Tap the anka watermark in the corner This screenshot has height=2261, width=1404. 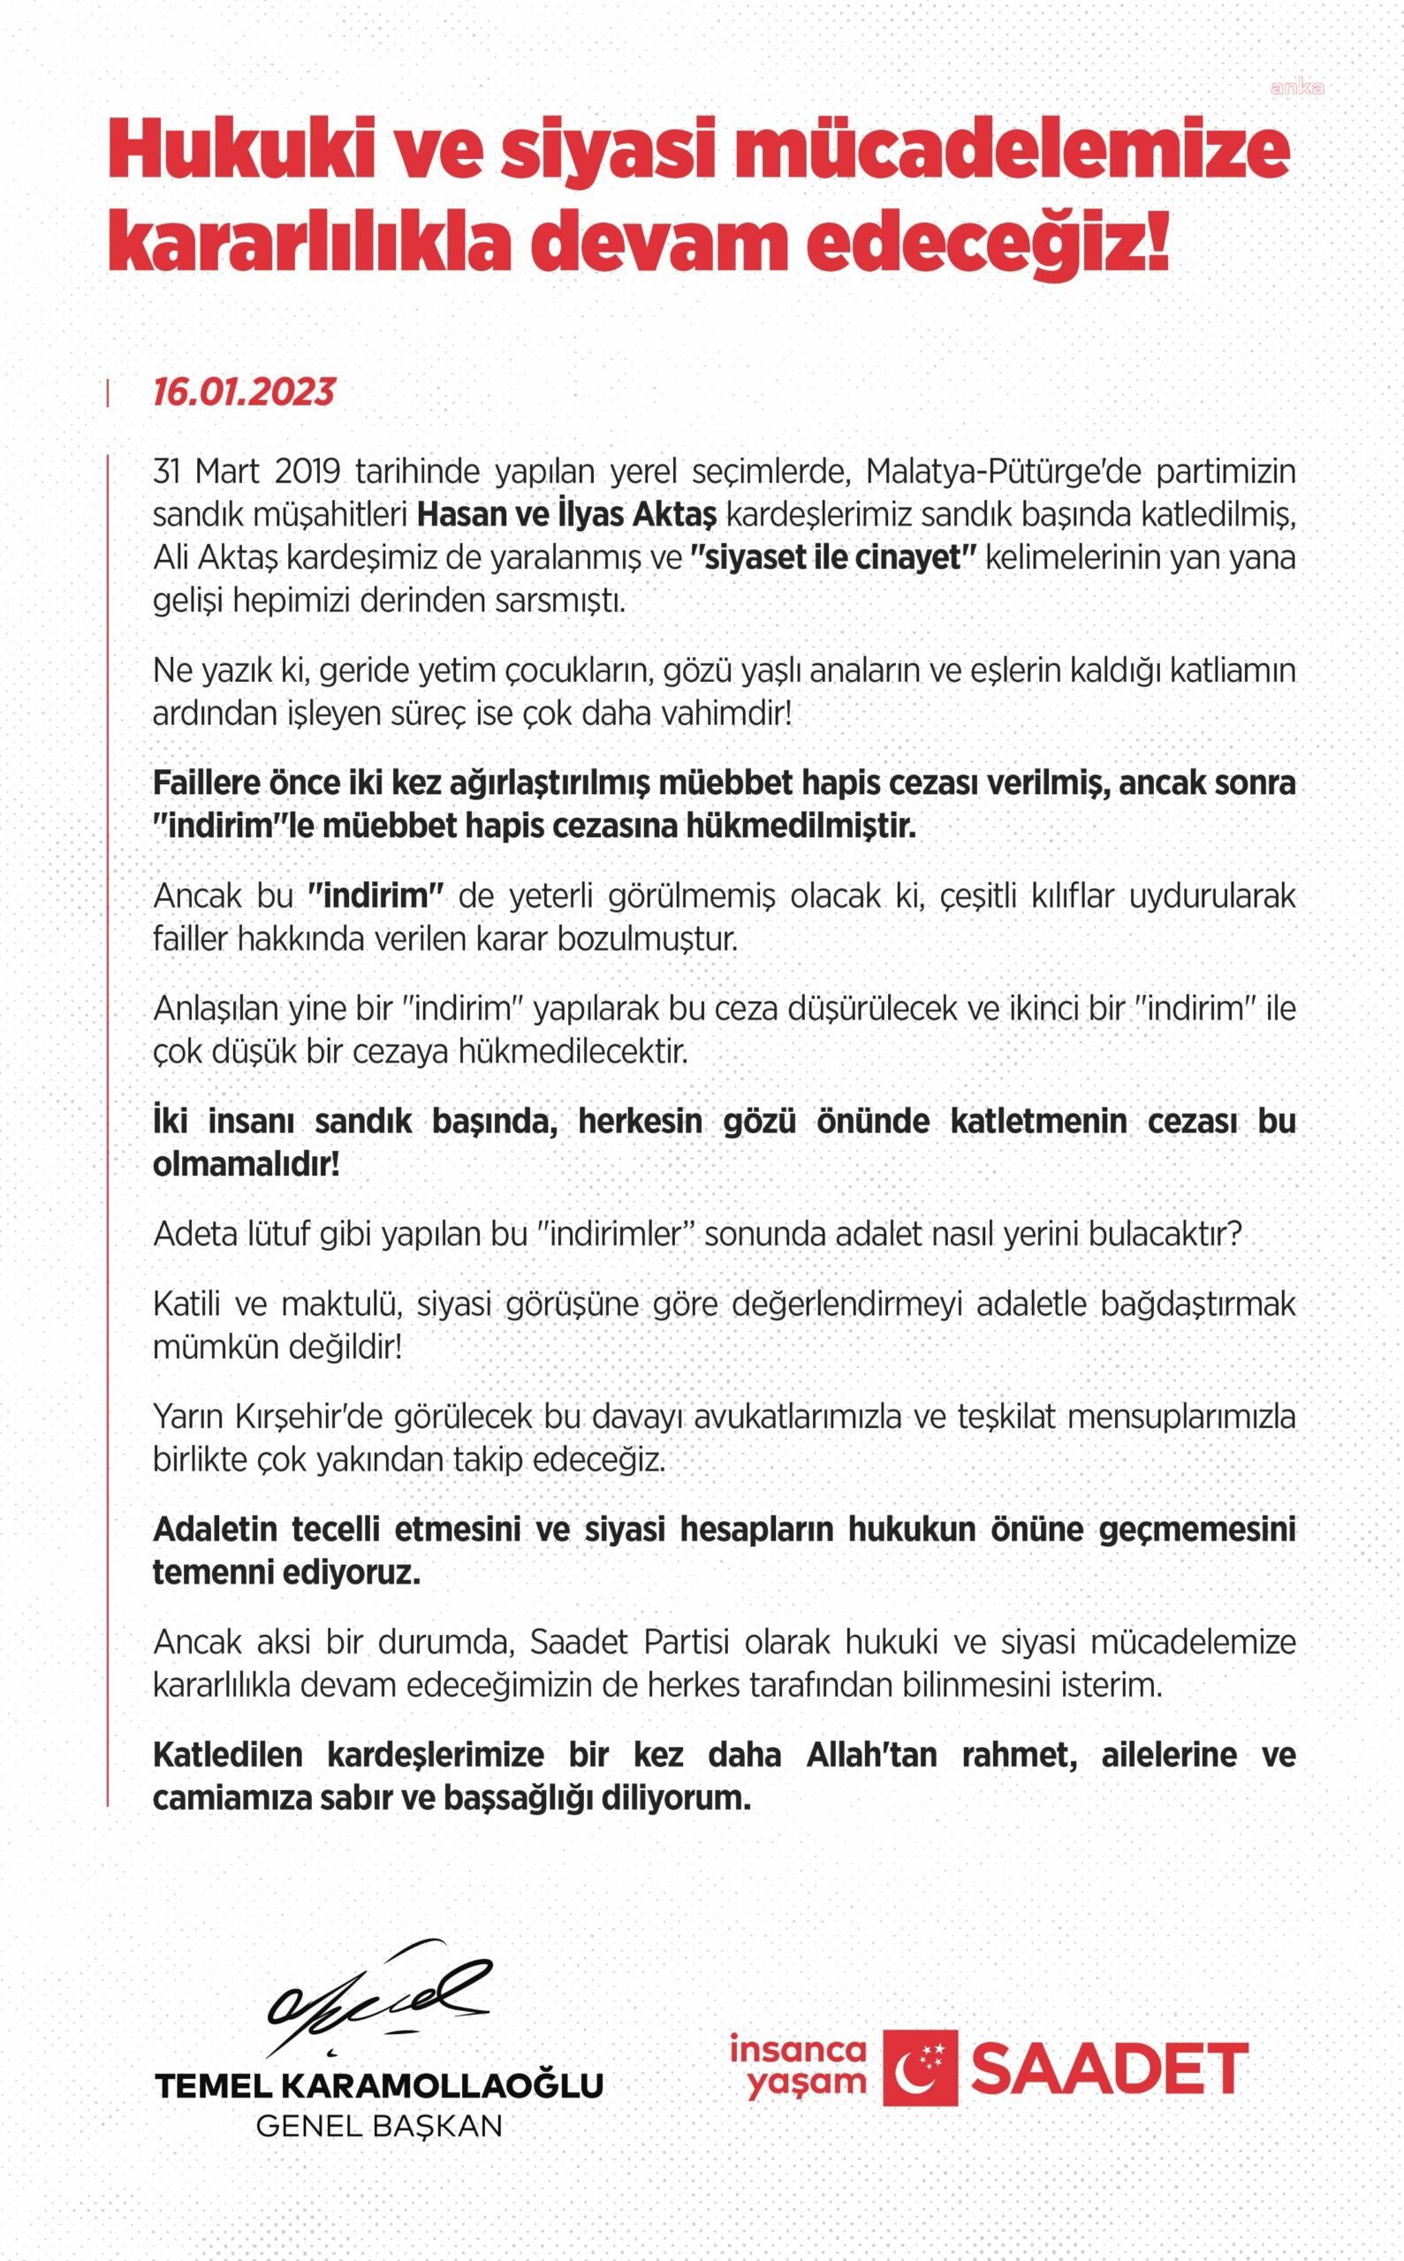pos(1296,88)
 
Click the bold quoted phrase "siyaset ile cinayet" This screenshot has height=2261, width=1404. pos(833,558)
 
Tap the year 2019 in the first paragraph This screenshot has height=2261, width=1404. pos(307,472)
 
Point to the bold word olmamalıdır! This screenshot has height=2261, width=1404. pos(246,1164)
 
